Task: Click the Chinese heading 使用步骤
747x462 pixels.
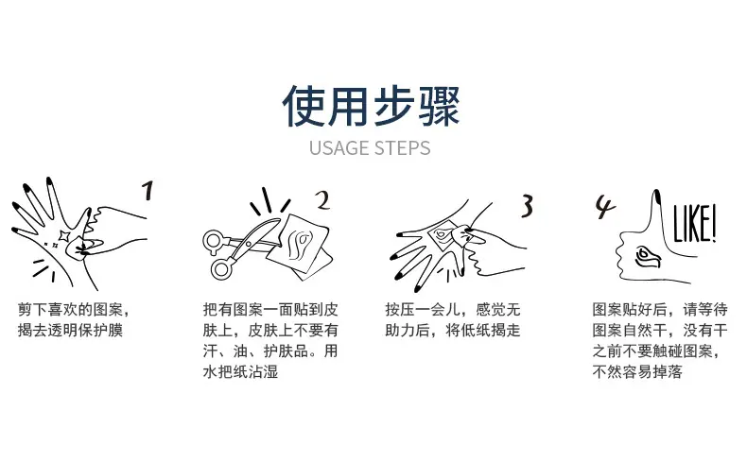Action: tap(371, 106)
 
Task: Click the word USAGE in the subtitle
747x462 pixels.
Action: tap(339, 148)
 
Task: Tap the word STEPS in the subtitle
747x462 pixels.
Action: tap(402, 148)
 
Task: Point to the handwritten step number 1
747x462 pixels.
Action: tap(148, 190)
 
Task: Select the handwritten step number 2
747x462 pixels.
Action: tap(323, 200)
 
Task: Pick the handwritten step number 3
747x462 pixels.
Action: tap(527, 207)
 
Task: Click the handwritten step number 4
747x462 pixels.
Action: tap(605, 207)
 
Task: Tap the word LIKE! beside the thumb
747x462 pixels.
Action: tap(694, 224)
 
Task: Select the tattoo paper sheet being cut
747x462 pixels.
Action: tap(299, 247)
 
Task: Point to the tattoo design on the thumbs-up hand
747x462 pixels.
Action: tap(648, 257)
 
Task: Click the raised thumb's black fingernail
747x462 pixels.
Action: tap(656, 196)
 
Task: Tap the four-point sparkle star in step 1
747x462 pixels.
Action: tap(63, 236)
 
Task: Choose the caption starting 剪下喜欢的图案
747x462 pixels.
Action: tap(74, 319)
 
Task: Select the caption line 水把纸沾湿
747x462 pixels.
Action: tap(240, 371)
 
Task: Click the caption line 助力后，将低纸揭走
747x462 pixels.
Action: tap(453, 331)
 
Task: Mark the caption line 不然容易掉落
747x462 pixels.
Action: tap(637, 371)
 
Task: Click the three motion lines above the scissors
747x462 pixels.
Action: tap(270, 202)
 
